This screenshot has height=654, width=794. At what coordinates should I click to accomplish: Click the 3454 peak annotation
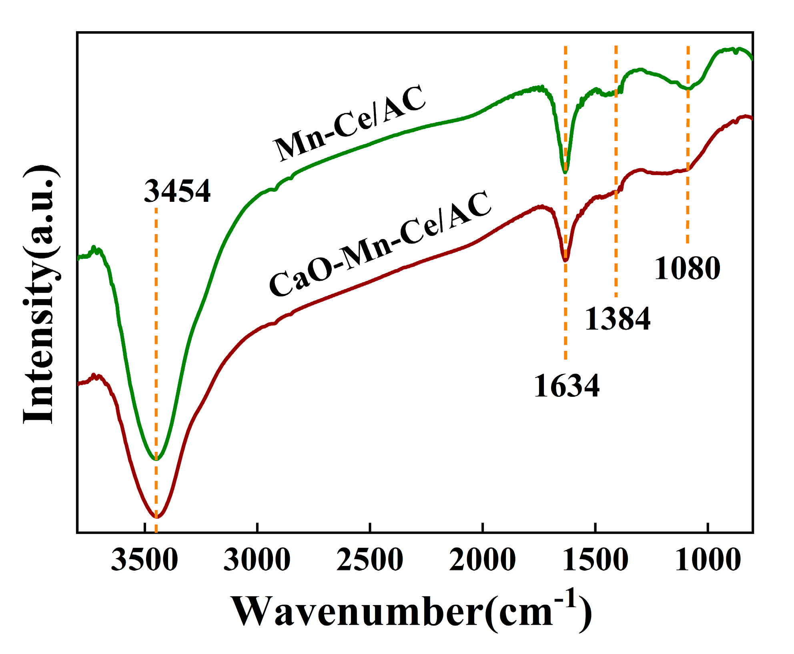pyautogui.click(x=177, y=191)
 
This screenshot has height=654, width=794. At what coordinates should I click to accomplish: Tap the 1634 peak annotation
pyautogui.click(x=567, y=386)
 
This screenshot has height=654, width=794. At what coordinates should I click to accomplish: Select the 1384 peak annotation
pyautogui.click(x=618, y=319)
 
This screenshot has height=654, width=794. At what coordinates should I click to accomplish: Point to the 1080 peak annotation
pyautogui.click(x=687, y=268)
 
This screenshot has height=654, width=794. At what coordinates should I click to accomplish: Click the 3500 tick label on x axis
pyautogui.click(x=144, y=560)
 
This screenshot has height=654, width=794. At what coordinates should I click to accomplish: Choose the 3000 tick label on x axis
pyautogui.click(x=257, y=560)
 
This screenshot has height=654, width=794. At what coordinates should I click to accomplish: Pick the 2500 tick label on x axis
pyautogui.click(x=370, y=560)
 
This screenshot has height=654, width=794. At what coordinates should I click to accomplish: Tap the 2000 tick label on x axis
pyautogui.click(x=483, y=560)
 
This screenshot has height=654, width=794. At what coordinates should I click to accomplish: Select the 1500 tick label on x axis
pyautogui.click(x=595, y=560)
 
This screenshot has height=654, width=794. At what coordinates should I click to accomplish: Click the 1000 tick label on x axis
pyautogui.click(x=708, y=560)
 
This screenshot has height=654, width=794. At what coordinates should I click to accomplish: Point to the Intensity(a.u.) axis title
pyautogui.click(x=39, y=294)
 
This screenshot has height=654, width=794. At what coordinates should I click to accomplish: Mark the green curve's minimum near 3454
pyautogui.click(x=156, y=459)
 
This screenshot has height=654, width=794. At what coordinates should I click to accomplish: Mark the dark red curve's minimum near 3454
pyautogui.click(x=156, y=517)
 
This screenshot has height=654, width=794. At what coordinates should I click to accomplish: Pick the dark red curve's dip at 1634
pyautogui.click(x=565, y=260)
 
